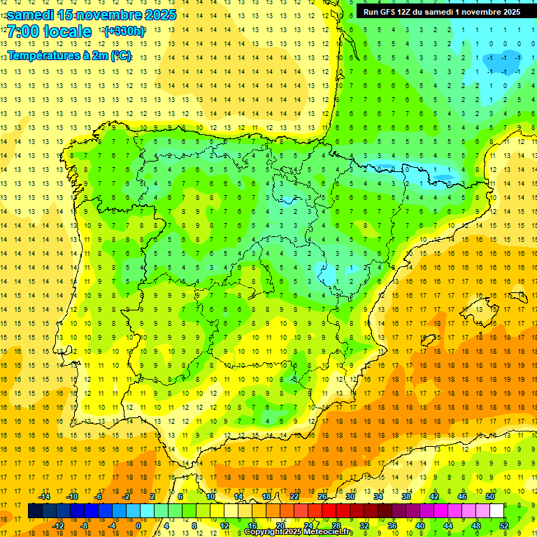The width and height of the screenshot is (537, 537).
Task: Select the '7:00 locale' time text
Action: click(49, 31)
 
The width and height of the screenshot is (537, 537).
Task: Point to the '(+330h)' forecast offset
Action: click(124, 31)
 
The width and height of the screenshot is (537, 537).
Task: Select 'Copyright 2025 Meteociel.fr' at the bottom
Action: click(299, 532)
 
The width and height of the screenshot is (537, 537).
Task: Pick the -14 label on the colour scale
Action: click(45, 496)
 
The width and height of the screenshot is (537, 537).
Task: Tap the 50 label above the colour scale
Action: click(490, 496)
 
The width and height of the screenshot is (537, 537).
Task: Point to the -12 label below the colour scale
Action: click(59, 526)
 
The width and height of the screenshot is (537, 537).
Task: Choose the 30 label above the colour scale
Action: click(350, 496)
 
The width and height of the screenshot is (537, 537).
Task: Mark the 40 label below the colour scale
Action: click(421, 526)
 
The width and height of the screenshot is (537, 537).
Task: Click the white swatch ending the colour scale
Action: click(496, 511)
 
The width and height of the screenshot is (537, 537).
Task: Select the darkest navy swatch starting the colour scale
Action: click(35, 511)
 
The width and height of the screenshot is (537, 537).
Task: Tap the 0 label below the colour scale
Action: click(138, 526)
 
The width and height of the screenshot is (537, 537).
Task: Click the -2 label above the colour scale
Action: click(127, 496)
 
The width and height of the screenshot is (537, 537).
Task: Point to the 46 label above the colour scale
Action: click(462, 496)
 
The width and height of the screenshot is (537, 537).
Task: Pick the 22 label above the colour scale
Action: click(294, 496)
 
